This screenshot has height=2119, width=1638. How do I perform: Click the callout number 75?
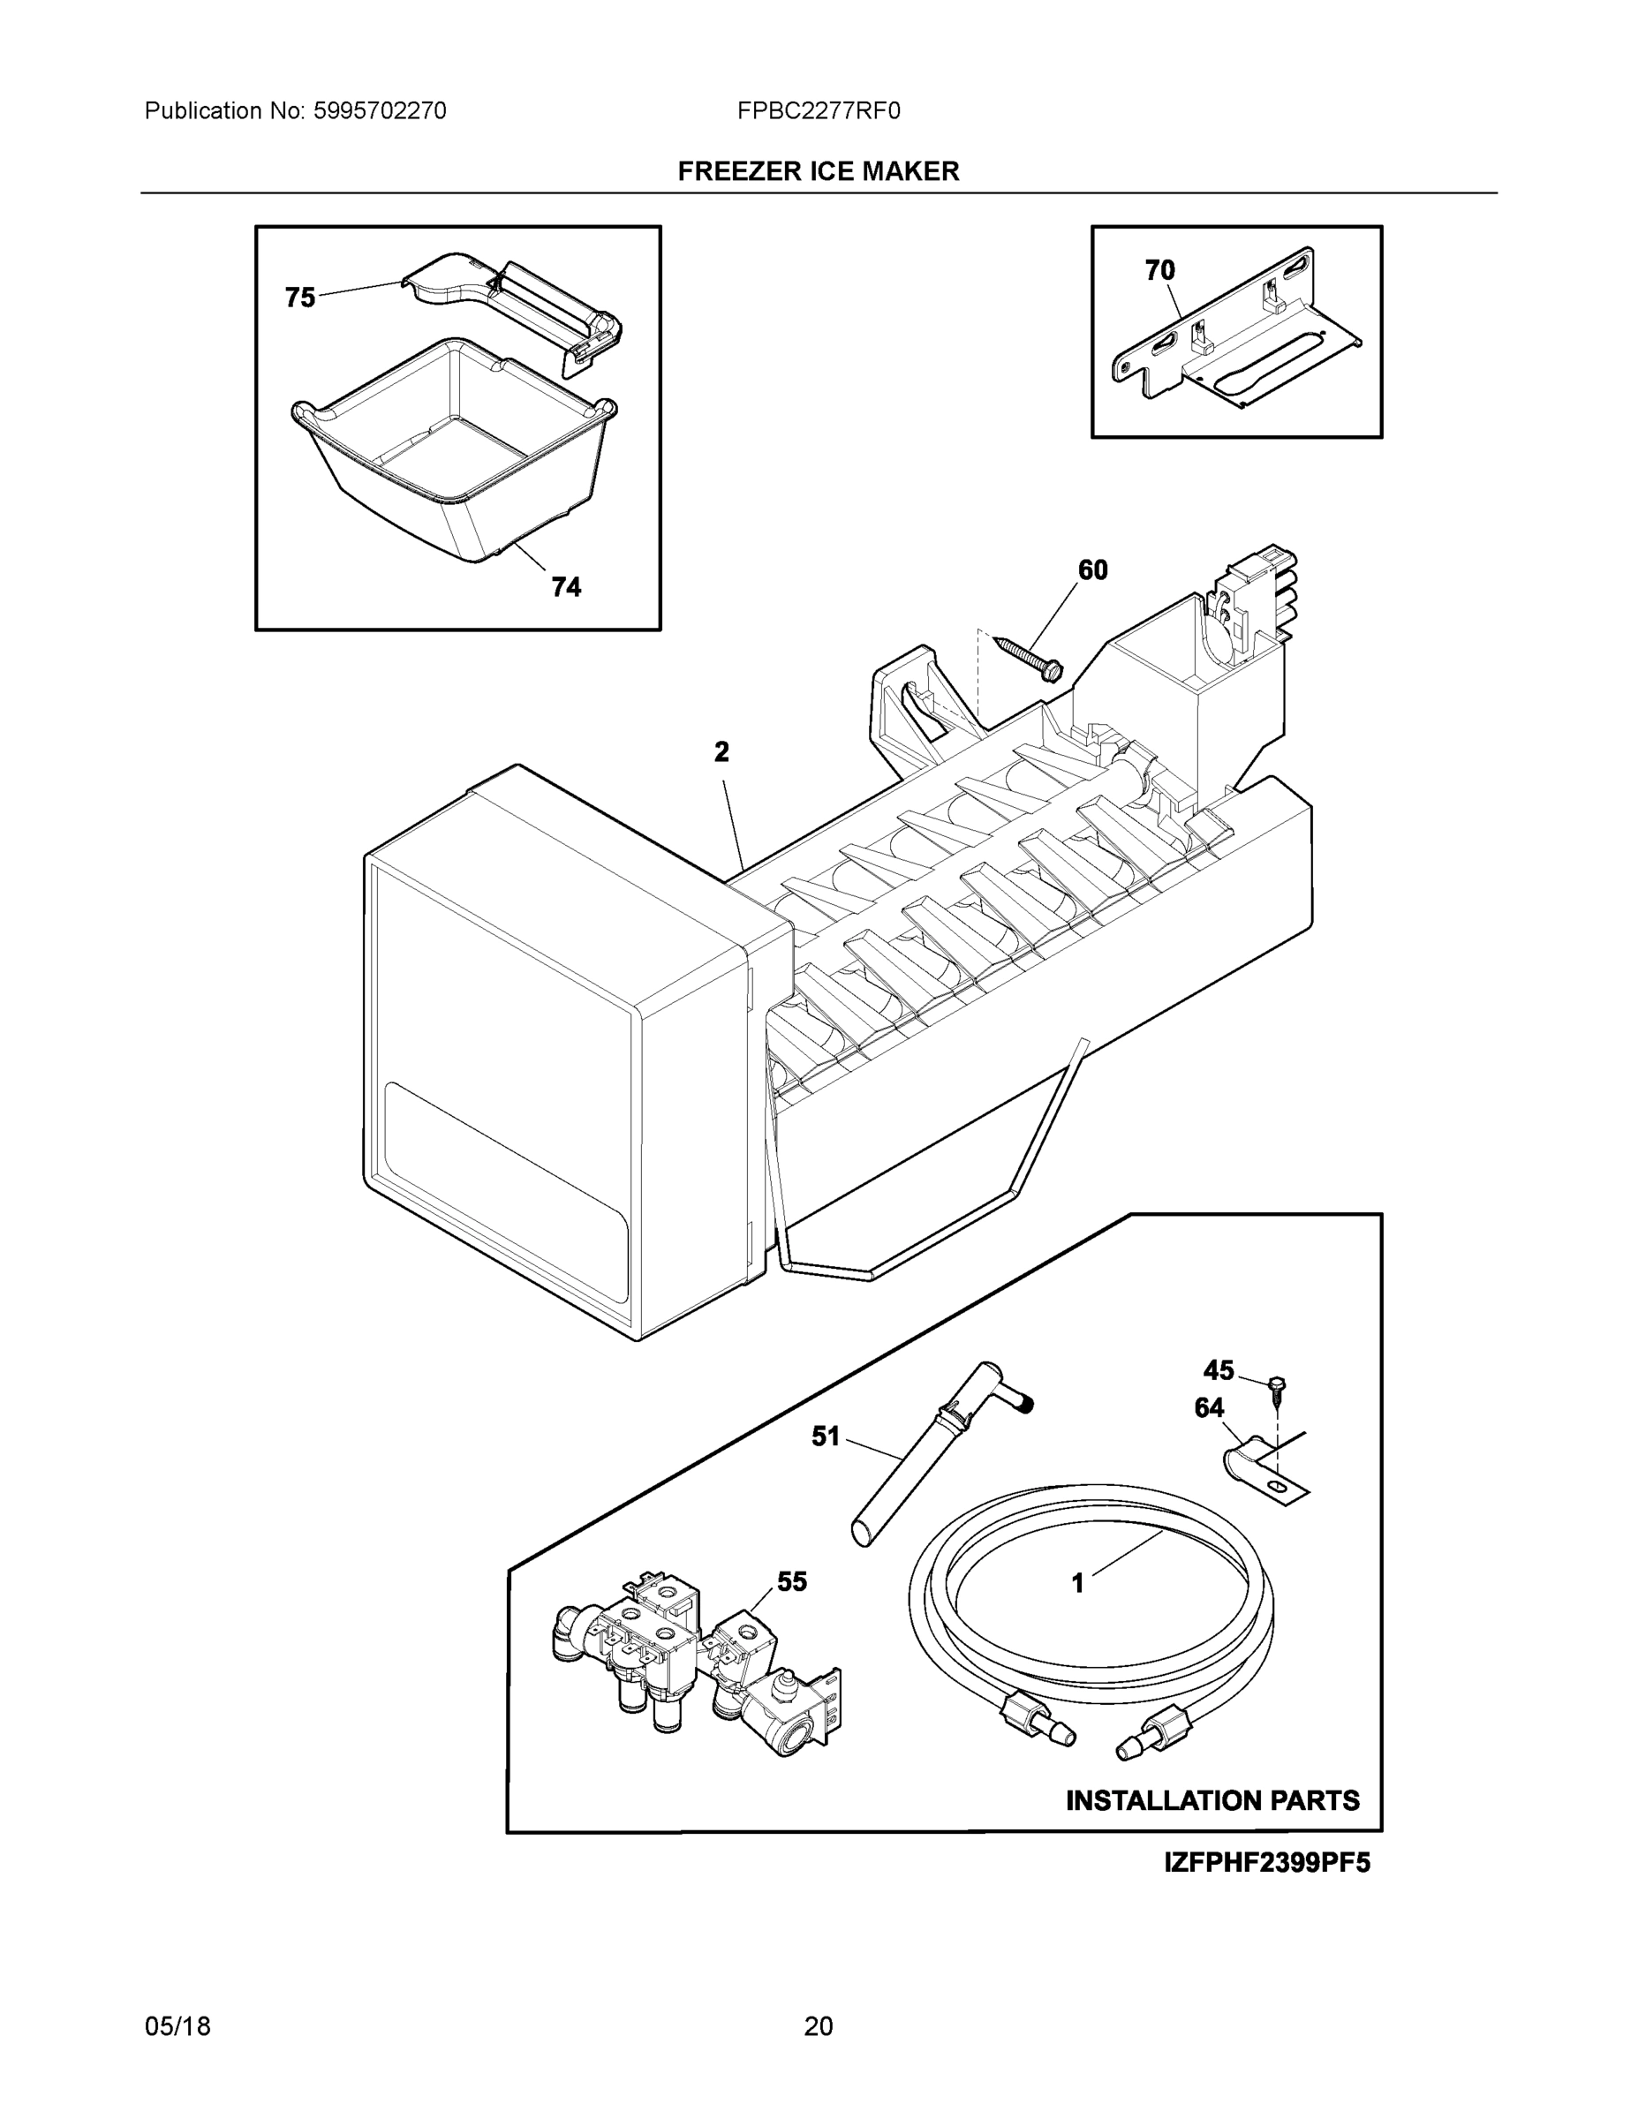[x=300, y=297]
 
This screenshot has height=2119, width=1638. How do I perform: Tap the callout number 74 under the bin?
[x=566, y=587]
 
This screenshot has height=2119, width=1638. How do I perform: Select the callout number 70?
[x=1159, y=271]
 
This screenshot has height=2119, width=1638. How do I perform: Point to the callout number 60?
[x=1092, y=570]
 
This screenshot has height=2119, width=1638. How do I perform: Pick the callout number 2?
[x=721, y=751]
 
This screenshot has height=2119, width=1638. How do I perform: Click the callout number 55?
[x=792, y=1581]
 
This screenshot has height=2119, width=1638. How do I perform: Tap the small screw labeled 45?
[x=1276, y=1384]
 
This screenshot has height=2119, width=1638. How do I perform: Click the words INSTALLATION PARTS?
[x=1212, y=1801]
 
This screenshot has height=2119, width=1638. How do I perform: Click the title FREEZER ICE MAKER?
[x=818, y=172]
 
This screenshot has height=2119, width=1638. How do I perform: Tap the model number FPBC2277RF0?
[x=818, y=111]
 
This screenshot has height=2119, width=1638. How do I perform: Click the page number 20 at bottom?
[x=818, y=2026]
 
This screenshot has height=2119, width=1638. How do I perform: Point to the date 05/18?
[x=177, y=2026]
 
